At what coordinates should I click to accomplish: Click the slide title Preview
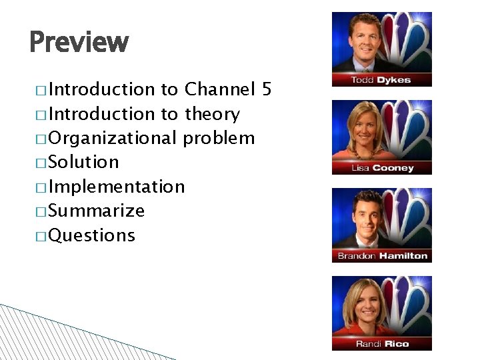click(79, 42)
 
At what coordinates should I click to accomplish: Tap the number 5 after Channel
click(267, 89)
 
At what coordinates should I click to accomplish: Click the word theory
click(212, 114)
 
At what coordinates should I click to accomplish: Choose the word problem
click(219, 138)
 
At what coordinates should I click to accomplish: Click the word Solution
click(83, 162)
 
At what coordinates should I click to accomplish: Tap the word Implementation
click(117, 187)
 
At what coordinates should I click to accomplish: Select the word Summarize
click(96, 211)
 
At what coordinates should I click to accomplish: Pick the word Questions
click(91, 235)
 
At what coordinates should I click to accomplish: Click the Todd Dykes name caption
click(381, 81)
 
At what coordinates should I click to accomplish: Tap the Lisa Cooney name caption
click(382, 169)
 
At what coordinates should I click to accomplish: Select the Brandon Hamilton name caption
click(382, 256)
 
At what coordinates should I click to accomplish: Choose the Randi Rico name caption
click(382, 344)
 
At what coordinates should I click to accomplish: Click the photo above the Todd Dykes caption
click(382, 42)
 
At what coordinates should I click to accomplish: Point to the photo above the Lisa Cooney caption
click(382, 130)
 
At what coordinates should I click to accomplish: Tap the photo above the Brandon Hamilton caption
click(382, 218)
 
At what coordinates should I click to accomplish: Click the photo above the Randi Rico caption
click(382, 306)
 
